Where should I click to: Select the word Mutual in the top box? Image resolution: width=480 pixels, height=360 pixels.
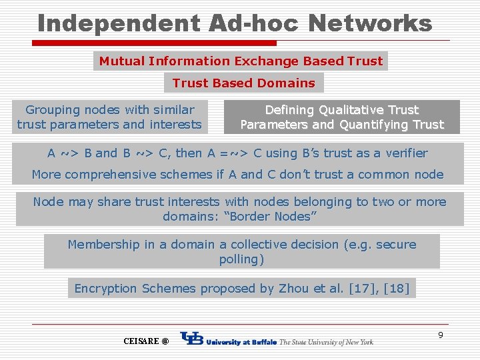point(122,61)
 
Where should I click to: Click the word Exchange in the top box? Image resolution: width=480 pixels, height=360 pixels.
point(266,61)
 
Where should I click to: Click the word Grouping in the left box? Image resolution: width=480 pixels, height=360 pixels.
point(53,110)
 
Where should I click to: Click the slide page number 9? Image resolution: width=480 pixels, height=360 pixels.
point(441,335)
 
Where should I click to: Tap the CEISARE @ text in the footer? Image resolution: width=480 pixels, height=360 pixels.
point(146,341)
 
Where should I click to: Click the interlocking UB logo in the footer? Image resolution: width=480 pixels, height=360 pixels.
point(192,340)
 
